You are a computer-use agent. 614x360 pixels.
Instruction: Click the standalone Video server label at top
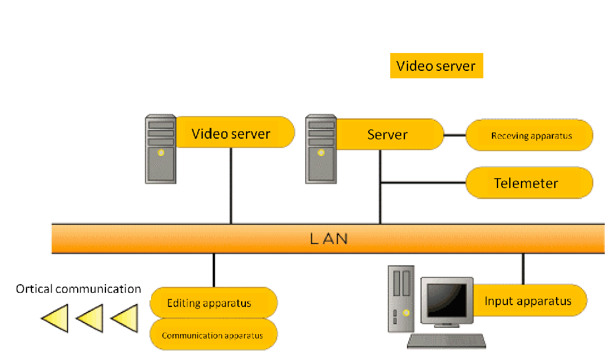436,66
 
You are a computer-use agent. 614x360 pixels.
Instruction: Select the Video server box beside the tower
231,133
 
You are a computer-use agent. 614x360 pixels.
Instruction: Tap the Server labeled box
388,134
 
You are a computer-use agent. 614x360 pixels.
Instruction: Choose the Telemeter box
528,183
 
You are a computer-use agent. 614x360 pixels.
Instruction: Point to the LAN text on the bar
329,239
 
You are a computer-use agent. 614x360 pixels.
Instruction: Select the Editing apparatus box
213,303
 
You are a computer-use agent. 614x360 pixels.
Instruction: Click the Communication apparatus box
213,335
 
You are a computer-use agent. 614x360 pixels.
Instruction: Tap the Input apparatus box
528,301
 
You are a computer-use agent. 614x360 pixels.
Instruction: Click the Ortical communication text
78,288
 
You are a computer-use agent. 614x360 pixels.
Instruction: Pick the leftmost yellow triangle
55,318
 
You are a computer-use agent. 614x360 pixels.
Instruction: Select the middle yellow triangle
90,318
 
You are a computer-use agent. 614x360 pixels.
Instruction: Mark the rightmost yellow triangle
125,318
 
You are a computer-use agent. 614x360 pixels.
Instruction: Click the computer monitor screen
446,300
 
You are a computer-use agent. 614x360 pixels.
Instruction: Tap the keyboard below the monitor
447,341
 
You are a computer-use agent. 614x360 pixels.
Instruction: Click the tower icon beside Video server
160,149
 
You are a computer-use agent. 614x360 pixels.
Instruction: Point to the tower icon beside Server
321,149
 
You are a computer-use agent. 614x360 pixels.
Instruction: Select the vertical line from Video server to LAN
231,185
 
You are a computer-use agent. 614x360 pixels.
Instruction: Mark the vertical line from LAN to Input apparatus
523,268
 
